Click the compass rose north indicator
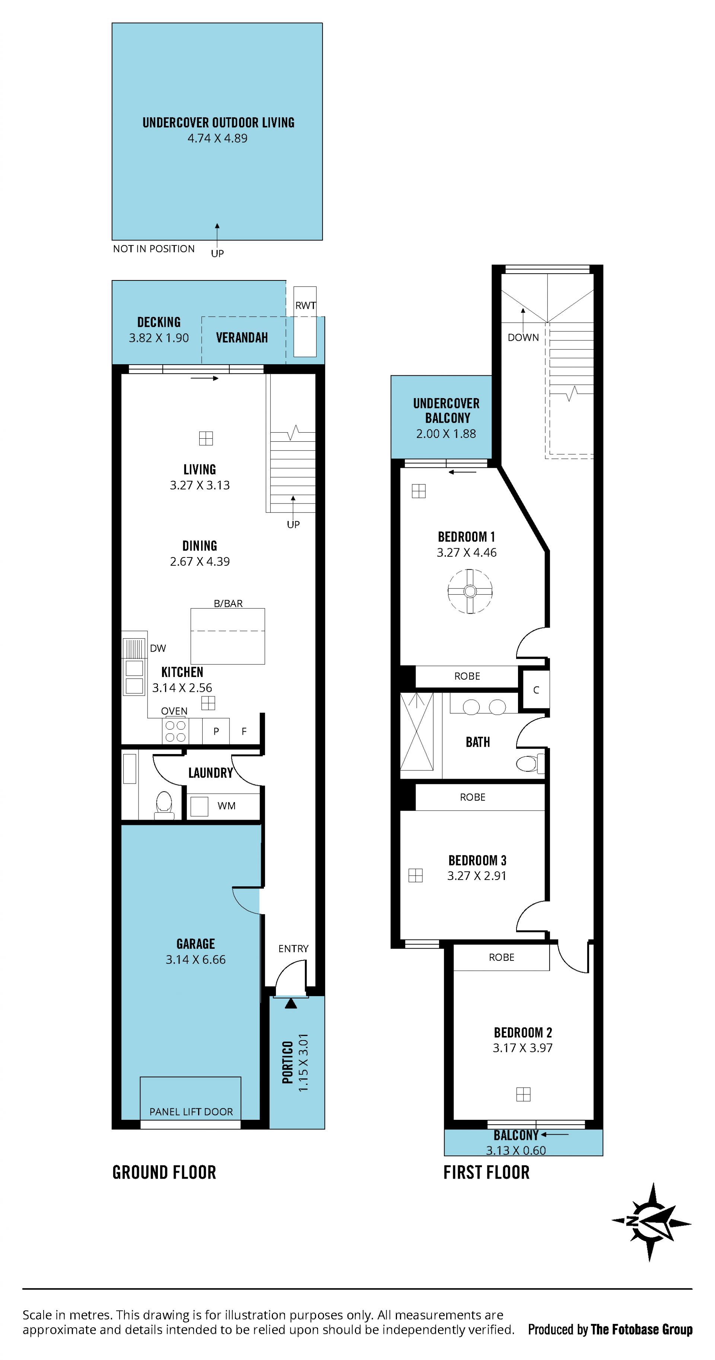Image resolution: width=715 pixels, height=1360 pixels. (x=652, y=1221)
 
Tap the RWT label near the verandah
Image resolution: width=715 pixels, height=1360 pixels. (x=305, y=305)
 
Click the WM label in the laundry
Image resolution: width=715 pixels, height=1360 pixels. (x=226, y=805)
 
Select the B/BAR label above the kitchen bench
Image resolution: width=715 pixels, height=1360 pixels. (x=228, y=603)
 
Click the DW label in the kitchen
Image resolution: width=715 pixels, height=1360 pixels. (x=158, y=648)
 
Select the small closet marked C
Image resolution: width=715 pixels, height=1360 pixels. (x=536, y=690)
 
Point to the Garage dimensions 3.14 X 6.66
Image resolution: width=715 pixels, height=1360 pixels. (x=196, y=959)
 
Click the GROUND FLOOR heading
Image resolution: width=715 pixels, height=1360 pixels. (x=164, y=1172)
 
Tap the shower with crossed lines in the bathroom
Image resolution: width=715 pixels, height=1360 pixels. (x=417, y=732)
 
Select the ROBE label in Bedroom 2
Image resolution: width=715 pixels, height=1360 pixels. (x=501, y=957)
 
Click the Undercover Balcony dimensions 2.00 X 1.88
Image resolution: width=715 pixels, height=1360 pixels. (x=446, y=433)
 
